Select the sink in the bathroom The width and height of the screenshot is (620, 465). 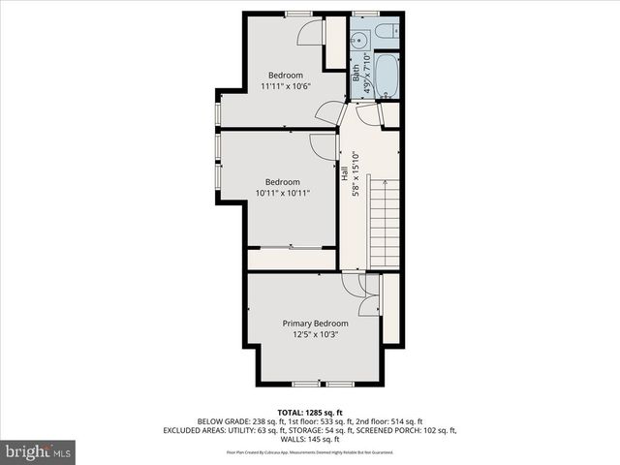(357, 40)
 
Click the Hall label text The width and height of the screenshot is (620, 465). (344, 175)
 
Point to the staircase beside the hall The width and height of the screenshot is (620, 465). (385, 223)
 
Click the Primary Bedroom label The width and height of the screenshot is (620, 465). (316, 323)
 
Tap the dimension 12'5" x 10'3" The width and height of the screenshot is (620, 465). (316, 334)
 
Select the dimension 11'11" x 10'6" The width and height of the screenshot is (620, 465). (286, 86)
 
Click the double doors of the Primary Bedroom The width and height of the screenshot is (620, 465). (358, 295)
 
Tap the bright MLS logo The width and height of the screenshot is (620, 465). (38, 450)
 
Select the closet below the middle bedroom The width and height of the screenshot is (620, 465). (291, 259)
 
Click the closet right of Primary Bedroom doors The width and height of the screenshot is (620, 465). (391, 308)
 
